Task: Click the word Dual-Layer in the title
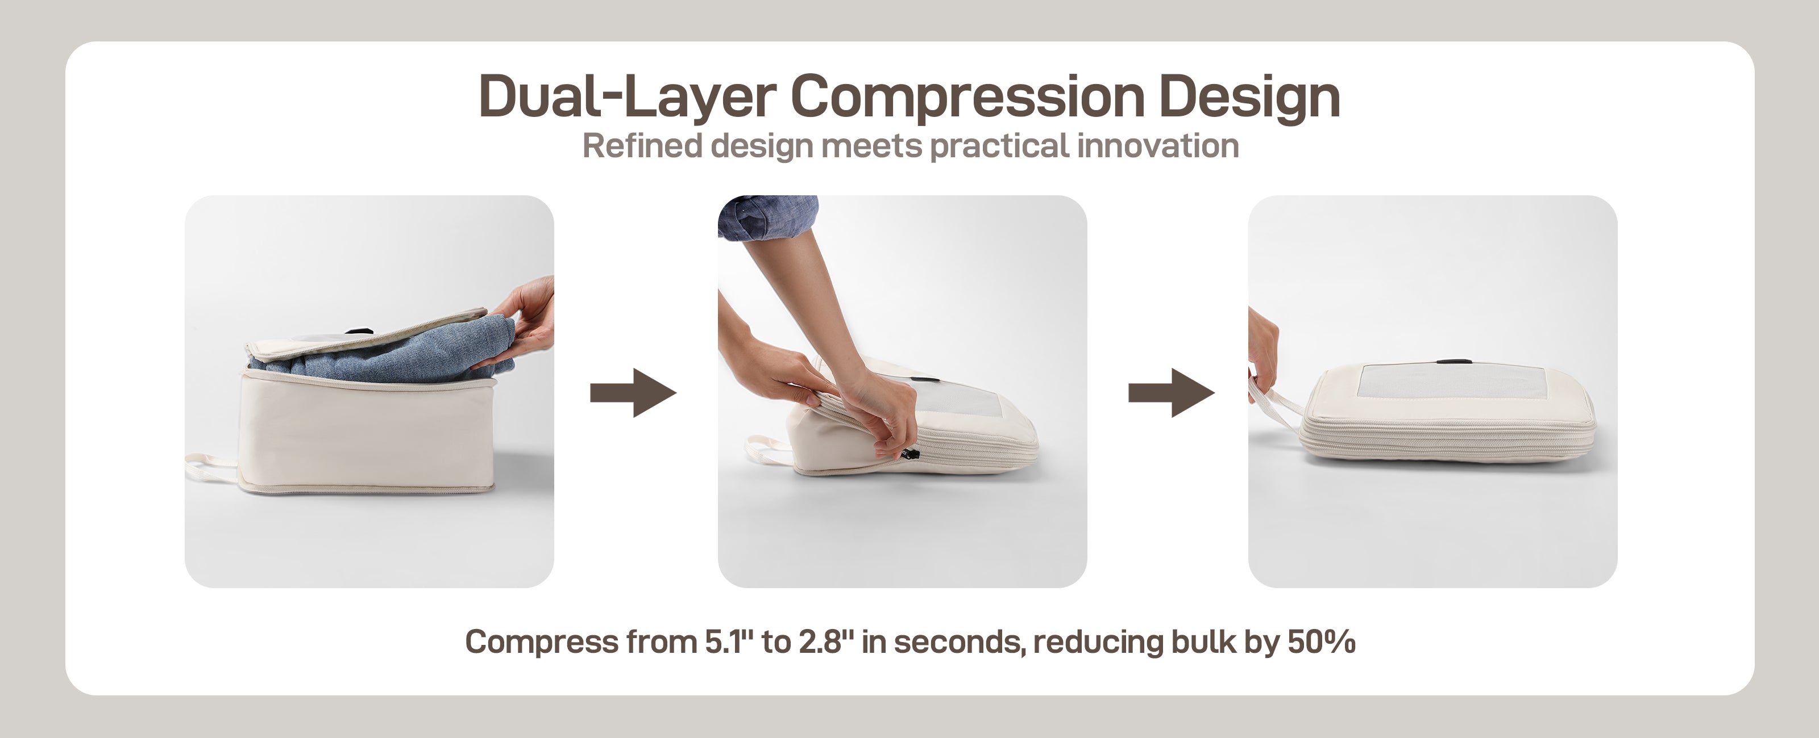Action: pyautogui.click(x=627, y=96)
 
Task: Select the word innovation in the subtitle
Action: pyautogui.click(x=1158, y=146)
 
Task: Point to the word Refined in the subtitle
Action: pyautogui.click(x=642, y=146)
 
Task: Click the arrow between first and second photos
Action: pyautogui.click(x=633, y=393)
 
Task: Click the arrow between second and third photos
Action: pyautogui.click(x=1172, y=393)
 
